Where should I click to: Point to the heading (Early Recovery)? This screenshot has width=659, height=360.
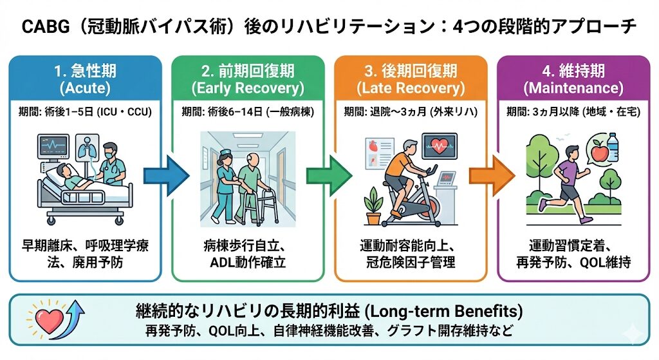[248, 88]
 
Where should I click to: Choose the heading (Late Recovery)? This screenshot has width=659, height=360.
[410, 88]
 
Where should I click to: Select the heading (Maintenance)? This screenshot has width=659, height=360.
[573, 88]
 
